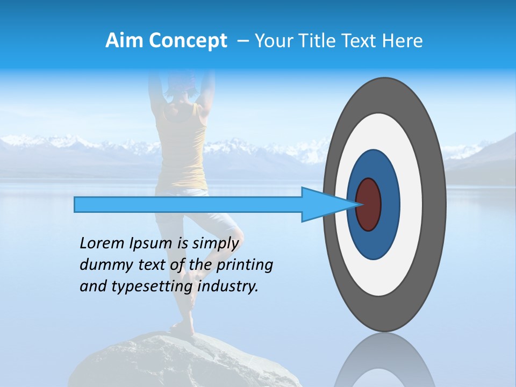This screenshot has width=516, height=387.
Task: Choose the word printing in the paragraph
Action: [x=245, y=266]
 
